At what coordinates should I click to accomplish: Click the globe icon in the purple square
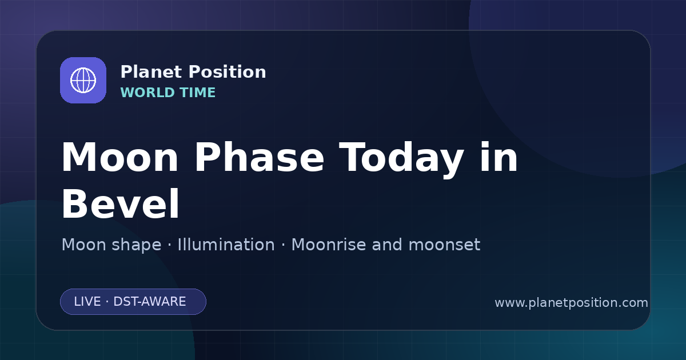point(83,80)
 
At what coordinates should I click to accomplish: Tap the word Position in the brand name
point(228,72)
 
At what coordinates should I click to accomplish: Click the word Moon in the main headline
point(119,157)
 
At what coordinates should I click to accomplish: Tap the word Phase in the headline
point(260,157)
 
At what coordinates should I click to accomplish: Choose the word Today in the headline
point(401,159)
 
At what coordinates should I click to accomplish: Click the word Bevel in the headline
point(121,203)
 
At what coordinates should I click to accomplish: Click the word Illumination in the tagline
point(226,245)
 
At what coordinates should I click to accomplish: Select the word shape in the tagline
point(136,246)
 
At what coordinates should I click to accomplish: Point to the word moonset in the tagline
point(444,245)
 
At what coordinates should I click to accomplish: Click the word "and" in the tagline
point(387,245)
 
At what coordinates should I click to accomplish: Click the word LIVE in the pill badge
point(87,302)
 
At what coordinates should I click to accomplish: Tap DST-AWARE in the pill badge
point(149,302)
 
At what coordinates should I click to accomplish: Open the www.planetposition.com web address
point(571,303)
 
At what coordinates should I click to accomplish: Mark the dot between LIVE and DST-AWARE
point(107,302)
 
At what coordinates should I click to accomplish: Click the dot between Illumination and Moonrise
point(284,245)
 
